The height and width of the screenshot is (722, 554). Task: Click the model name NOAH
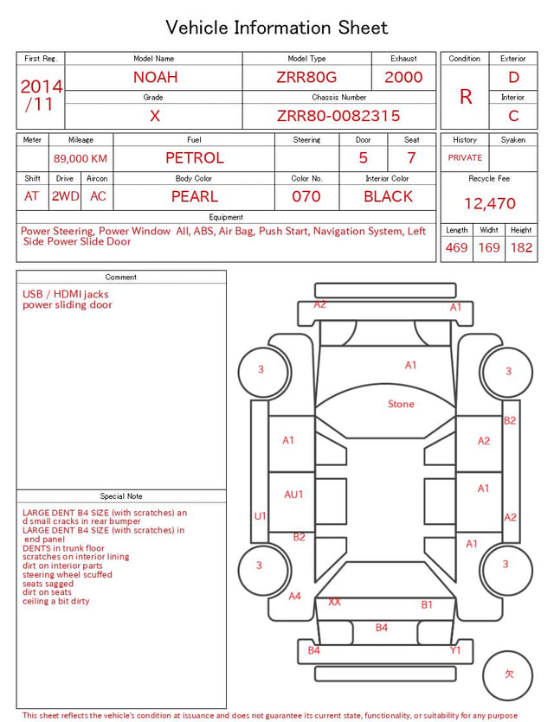pyautogui.click(x=155, y=77)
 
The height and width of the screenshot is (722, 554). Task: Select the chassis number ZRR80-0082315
pyautogui.click(x=338, y=116)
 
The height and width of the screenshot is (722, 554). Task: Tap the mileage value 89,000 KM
pyautogui.click(x=81, y=158)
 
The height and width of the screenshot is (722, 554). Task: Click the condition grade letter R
pyautogui.click(x=466, y=97)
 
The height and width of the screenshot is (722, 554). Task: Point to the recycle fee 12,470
pyautogui.click(x=490, y=203)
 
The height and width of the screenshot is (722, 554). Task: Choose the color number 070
pyautogui.click(x=306, y=196)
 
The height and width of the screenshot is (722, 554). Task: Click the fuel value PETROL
pyautogui.click(x=195, y=158)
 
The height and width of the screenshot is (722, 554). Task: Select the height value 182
pyautogui.click(x=521, y=247)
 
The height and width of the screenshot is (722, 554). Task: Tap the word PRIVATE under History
pyautogui.click(x=465, y=157)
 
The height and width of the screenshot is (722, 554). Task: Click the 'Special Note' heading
pyautogui.click(x=121, y=496)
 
